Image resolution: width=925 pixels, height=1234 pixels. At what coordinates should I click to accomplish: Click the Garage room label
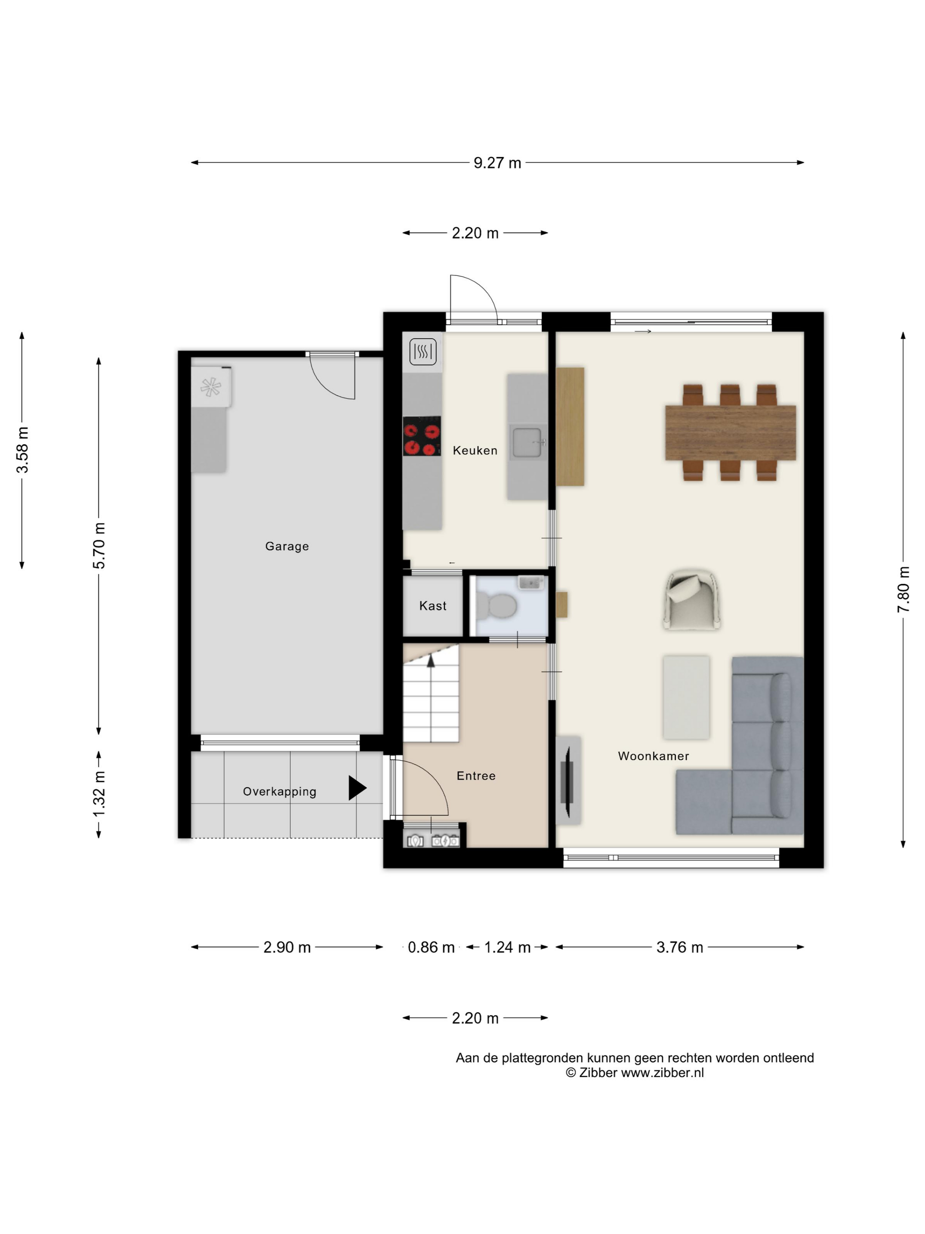(x=287, y=546)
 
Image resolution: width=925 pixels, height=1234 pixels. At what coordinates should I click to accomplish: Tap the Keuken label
(x=475, y=450)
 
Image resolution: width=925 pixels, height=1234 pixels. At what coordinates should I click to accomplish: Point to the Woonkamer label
(x=654, y=756)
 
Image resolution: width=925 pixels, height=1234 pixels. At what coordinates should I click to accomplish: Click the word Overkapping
(x=279, y=792)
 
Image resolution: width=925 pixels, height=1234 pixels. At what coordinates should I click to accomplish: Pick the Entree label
(x=476, y=775)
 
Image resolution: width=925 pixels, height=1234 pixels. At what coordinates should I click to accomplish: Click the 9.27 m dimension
(x=497, y=163)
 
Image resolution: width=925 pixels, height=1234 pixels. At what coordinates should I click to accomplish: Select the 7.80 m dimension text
(x=903, y=590)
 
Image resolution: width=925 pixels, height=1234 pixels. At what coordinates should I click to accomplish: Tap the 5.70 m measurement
(x=99, y=546)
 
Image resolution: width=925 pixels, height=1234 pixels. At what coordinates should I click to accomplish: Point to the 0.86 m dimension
(x=431, y=947)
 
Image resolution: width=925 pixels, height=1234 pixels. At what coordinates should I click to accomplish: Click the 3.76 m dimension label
(x=680, y=947)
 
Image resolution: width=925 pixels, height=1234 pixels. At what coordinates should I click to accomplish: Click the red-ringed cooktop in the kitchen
(x=422, y=436)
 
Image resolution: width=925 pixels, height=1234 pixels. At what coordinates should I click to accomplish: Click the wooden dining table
(x=730, y=433)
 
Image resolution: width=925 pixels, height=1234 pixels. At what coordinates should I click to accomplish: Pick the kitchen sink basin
(x=527, y=442)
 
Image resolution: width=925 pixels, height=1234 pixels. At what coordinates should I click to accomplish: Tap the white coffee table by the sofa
(x=686, y=697)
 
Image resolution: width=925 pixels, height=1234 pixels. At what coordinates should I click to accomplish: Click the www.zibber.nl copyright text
(x=635, y=1073)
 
